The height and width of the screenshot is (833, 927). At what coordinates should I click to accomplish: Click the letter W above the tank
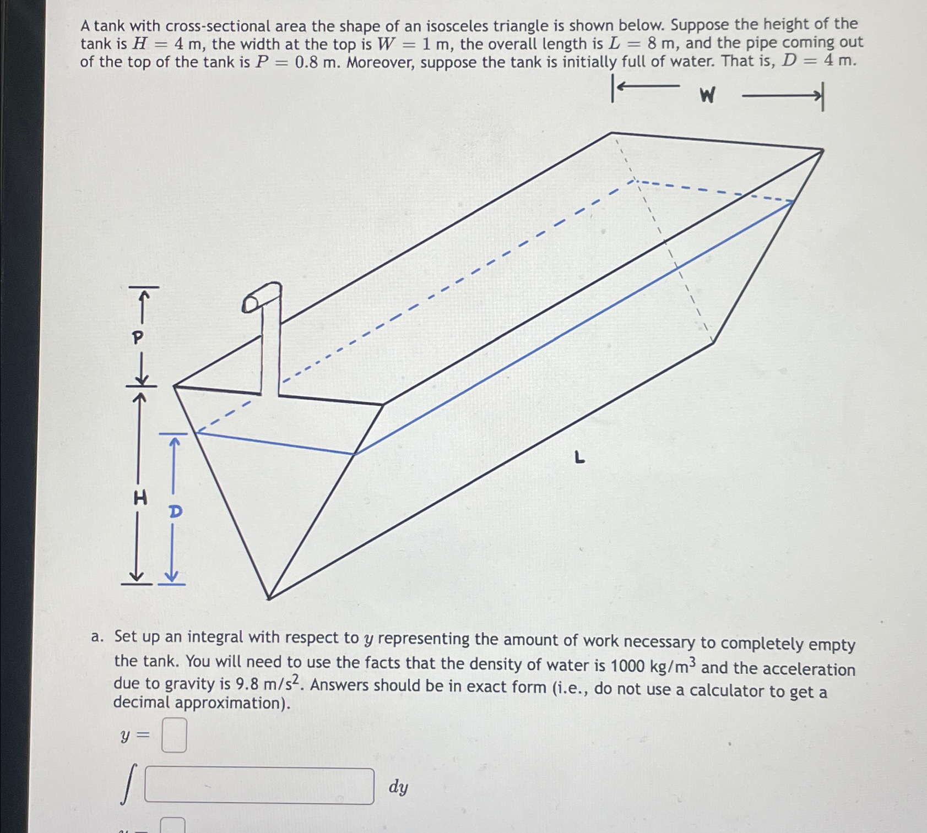click(707, 96)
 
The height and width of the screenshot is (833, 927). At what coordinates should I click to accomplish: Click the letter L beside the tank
click(578, 457)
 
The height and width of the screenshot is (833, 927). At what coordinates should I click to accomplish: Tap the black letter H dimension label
click(140, 498)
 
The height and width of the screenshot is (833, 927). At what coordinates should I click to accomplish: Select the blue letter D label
click(175, 511)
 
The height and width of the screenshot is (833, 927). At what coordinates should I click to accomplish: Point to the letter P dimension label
click(138, 337)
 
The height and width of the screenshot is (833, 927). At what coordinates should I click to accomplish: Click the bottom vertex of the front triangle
click(269, 597)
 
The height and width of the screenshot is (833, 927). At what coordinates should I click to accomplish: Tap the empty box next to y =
click(174, 735)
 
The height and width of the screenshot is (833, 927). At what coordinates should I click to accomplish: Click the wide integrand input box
click(259, 786)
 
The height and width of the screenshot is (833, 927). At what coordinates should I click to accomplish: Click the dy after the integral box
click(398, 787)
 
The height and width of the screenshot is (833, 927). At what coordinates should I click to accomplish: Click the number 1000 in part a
click(627, 666)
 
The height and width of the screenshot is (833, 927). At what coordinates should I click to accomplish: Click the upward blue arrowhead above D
click(175, 441)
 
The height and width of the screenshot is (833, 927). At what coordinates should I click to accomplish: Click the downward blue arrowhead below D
click(172, 576)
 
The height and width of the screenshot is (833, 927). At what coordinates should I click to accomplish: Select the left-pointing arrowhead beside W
click(621, 86)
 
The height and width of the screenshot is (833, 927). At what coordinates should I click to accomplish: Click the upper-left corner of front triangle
click(174, 386)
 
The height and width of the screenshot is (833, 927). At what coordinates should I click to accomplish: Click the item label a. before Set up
click(97, 637)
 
